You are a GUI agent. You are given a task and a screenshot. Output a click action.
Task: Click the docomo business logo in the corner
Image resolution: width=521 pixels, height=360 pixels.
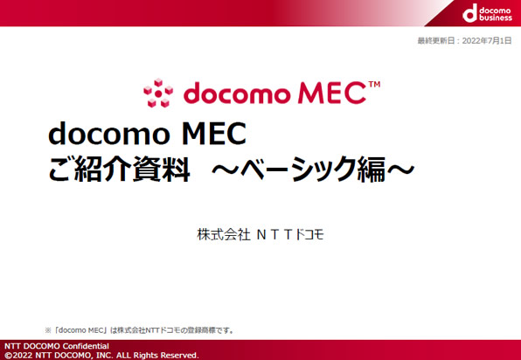point(487,13)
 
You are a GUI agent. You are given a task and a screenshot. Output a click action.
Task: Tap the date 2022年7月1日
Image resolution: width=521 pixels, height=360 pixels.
point(487,41)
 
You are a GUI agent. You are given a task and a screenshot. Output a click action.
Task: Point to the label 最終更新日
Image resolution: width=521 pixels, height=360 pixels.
point(436,41)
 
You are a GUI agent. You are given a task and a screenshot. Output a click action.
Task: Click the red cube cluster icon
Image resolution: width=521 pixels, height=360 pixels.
point(158,93)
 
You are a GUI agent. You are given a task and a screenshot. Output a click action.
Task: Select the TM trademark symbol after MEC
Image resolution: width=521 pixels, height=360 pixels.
point(374,85)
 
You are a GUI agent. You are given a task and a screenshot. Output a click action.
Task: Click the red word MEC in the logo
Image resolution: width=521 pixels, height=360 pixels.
point(331,93)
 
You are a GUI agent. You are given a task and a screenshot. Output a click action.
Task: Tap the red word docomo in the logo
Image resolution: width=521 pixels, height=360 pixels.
point(236,93)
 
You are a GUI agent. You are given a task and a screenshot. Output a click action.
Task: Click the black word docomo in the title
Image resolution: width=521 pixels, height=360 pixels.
point(109,133)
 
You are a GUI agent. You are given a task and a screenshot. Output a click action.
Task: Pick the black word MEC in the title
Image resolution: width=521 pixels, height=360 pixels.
point(214,133)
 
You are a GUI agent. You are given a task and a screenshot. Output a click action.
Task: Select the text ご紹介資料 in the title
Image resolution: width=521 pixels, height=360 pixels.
point(119,169)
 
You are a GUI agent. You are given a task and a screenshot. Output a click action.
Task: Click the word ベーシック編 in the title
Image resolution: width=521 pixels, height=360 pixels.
point(313,169)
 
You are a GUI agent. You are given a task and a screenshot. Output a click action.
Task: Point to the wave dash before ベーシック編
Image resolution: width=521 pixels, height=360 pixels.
point(226,169)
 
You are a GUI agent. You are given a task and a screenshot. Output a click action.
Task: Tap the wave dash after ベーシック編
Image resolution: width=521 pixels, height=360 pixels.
point(400,169)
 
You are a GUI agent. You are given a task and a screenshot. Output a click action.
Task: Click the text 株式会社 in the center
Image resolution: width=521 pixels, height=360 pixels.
point(223,234)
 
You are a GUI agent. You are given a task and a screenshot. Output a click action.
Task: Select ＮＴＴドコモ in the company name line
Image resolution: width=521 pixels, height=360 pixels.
point(290,234)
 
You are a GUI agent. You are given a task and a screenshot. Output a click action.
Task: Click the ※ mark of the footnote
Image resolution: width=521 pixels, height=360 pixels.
point(48,330)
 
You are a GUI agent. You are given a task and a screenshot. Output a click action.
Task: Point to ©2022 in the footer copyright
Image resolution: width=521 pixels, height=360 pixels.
point(18,355)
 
